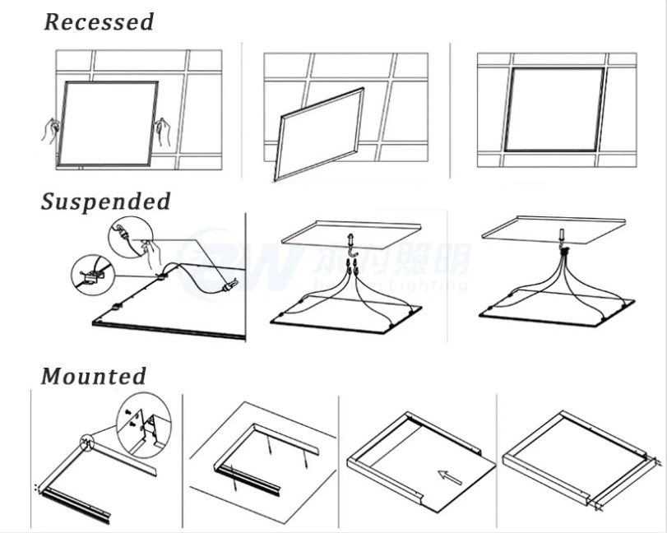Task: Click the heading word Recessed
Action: (99, 22)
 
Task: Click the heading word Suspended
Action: (106, 202)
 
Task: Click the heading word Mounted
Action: (94, 377)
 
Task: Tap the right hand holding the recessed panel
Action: (164, 131)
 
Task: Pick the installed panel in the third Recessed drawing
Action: (554, 109)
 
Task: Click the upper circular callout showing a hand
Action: (133, 237)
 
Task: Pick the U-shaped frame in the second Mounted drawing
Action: (263, 457)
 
